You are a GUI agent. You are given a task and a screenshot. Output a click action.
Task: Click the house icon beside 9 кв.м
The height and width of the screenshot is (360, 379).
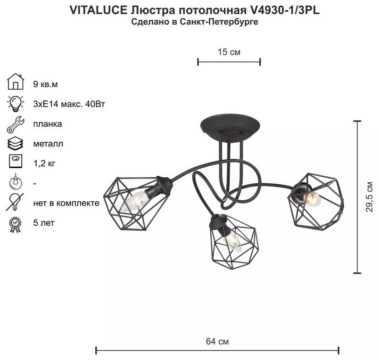coord(16,82)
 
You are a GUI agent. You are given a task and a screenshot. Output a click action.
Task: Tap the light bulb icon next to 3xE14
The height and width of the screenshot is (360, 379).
coord(16,103)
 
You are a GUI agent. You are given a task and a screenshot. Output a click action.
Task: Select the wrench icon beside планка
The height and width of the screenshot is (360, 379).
coord(16,124)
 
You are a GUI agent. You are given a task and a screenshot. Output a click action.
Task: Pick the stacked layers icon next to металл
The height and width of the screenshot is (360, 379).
coord(16,144)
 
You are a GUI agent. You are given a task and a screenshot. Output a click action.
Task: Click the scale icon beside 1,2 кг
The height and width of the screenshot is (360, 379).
coord(16,161)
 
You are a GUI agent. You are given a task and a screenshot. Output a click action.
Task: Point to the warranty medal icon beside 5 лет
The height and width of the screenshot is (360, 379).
coord(15,225)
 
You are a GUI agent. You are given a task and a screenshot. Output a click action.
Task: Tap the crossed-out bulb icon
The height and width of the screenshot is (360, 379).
coord(15,202)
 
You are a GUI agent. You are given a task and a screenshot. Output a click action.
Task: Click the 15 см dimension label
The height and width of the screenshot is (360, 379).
coord(229,52)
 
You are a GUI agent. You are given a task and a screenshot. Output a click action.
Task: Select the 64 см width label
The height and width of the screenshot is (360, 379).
coord(217,342)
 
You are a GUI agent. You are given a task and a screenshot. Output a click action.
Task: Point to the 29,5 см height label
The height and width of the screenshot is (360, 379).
coord(369,196)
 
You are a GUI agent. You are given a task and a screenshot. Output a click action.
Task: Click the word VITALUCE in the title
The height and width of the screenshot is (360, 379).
coord(99,10)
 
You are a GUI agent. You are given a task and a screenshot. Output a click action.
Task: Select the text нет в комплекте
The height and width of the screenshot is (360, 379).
coord(66,203)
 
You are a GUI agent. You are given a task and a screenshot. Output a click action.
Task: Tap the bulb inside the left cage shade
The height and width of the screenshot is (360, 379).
coord(136,201)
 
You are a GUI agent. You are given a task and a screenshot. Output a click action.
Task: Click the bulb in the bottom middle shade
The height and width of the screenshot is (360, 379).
coord(231,241)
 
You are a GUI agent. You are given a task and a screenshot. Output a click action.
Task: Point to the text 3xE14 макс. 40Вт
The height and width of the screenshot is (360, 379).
coord(69,104)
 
